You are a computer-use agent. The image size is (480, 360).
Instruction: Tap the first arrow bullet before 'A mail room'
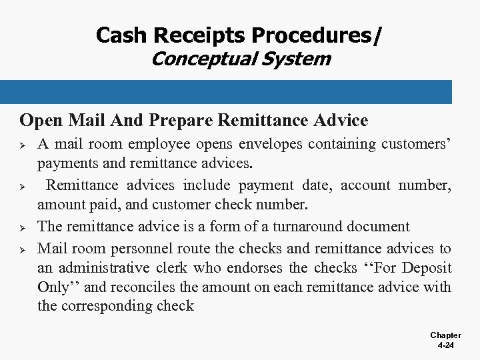[23, 145]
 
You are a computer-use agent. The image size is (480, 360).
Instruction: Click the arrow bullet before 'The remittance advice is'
[23, 227]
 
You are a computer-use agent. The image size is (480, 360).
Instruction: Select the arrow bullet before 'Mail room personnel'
[23, 249]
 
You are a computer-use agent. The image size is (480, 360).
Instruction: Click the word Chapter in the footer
[445, 335]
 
